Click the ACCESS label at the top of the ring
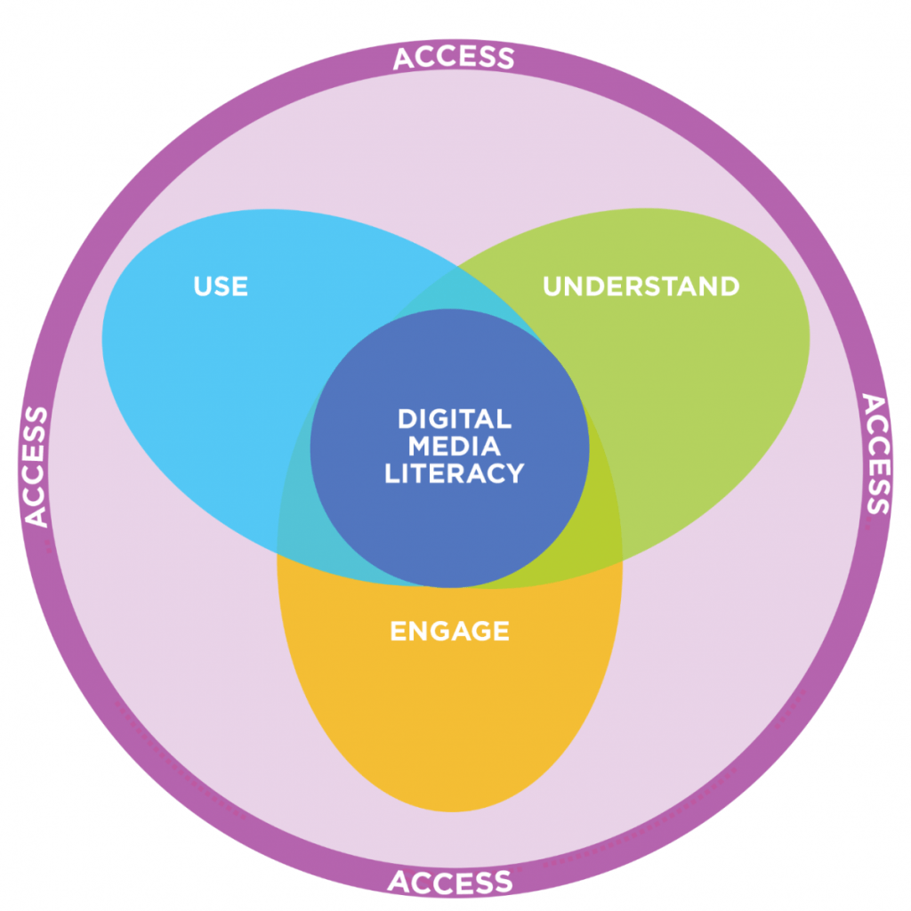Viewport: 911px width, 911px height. pyautogui.click(x=454, y=58)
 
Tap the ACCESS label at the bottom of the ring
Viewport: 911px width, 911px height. pyautogui.click(x=450, y=882)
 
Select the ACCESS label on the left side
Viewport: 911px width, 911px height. pyautogui.click(x=35, y=466)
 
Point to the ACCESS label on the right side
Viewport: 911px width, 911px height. pyautogui.click(x=876, y=455)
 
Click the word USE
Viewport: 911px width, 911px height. pyautogui.click(x=221, y=286)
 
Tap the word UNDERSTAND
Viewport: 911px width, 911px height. pyautogui.click(x=641, y=286)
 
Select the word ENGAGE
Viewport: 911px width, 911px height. pyautogui.click(x=450, y=631)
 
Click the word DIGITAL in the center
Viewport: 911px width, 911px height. pyautogui.click(x=454, y=418)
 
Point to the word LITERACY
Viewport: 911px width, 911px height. pyautogui.click(x=454, y=473)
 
